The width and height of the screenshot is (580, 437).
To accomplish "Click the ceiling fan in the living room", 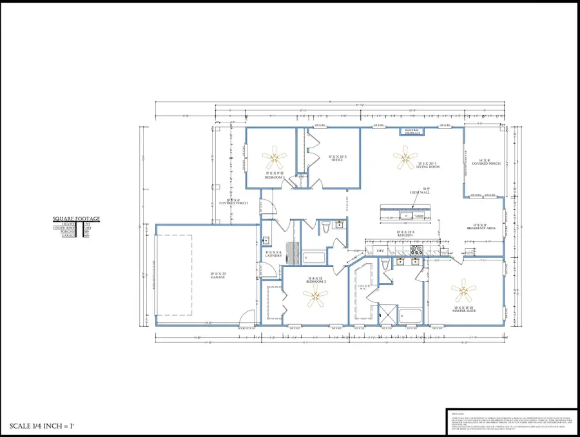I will [405, 157].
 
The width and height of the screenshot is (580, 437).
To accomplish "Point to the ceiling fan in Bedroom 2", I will [315, 296].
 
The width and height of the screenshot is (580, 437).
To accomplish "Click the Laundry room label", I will [273, 254].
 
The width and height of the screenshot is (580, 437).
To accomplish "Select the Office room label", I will [337, 159].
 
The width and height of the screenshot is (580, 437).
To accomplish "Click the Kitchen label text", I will [405, 235].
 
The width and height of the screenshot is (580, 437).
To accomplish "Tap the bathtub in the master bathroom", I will [410, 316].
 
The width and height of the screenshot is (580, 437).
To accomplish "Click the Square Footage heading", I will [76, 219].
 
